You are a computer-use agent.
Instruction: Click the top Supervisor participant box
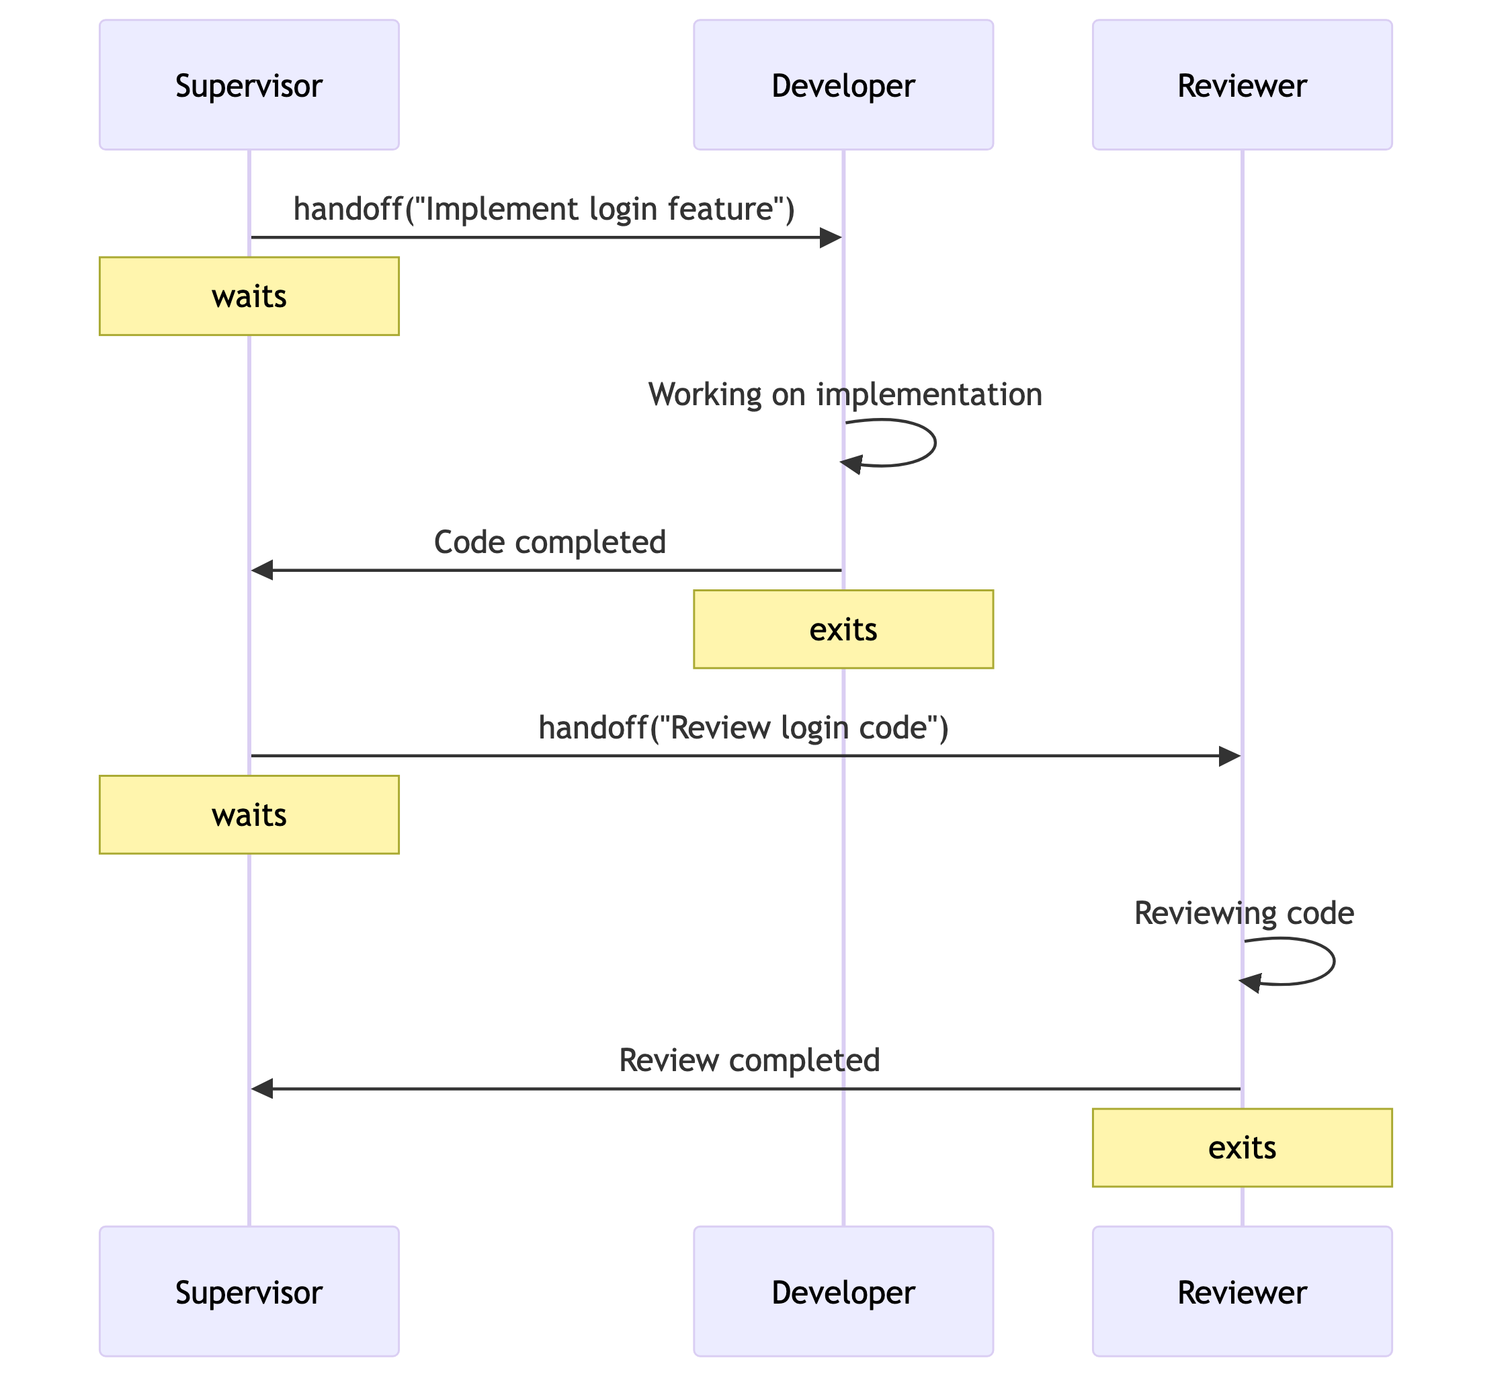point(249,85)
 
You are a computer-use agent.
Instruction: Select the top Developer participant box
point(843,85)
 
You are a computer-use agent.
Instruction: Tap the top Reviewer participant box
point(1242,85)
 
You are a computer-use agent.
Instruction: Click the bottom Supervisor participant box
point(249,1292)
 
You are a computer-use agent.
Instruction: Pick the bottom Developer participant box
point(843,1292)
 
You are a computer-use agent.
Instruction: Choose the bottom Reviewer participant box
point(1242,1292)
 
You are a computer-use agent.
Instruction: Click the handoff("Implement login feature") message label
point(544,209)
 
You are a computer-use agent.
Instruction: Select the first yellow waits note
point(249,296)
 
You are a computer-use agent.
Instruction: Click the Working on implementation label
point(845,394)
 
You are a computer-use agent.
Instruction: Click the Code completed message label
point(550,542)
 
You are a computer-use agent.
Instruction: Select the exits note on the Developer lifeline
point(843,629)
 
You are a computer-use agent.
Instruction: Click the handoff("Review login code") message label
point(743,727)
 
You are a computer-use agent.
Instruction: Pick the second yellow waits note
point(249,814)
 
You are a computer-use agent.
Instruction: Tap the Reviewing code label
point(1244,913)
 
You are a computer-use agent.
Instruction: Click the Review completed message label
point(749,1060)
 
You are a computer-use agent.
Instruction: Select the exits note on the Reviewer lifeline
point(1242,1147)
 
